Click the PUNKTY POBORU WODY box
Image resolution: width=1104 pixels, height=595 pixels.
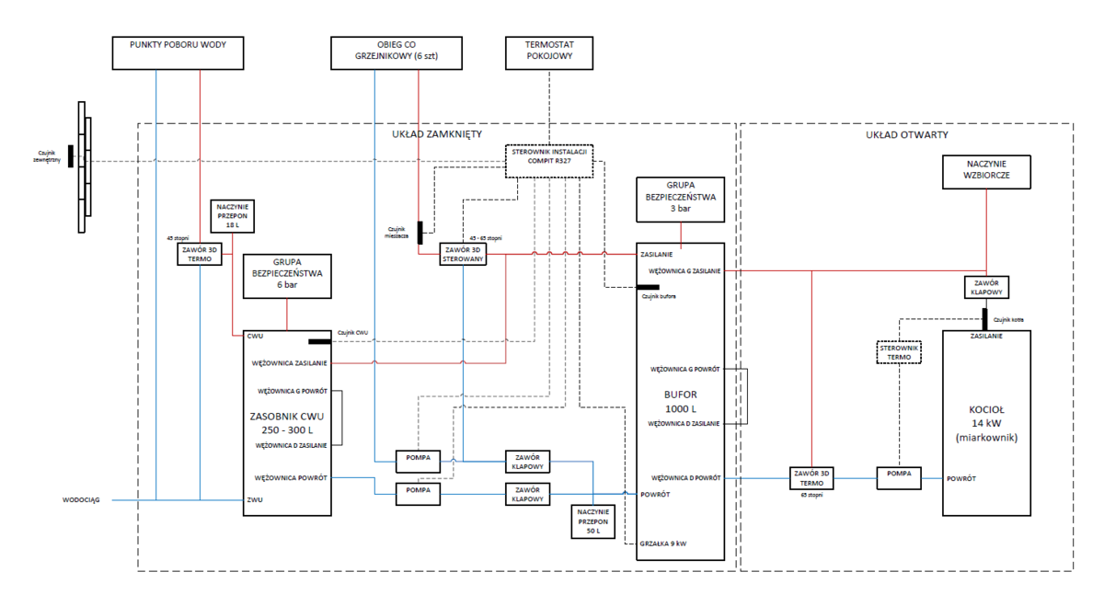(178, 51)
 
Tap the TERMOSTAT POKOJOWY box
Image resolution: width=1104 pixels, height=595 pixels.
(549, 51)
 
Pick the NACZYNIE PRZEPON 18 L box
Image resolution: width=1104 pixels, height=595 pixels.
(234, 215)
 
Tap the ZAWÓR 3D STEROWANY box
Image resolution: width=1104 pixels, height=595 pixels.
(463, 254)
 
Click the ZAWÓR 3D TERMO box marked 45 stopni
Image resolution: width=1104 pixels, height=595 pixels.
(200, 254)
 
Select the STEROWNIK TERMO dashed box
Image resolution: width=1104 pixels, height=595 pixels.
(898, 352)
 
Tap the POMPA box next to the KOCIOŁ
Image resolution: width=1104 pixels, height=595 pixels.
(899, 475)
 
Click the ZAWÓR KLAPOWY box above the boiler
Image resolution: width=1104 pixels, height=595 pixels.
(985, 286)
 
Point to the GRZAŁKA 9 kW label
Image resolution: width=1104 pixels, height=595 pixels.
(663, 543)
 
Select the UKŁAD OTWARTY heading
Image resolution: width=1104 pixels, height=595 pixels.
(906, 135)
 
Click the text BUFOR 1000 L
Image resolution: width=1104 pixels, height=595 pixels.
(681, 401)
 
